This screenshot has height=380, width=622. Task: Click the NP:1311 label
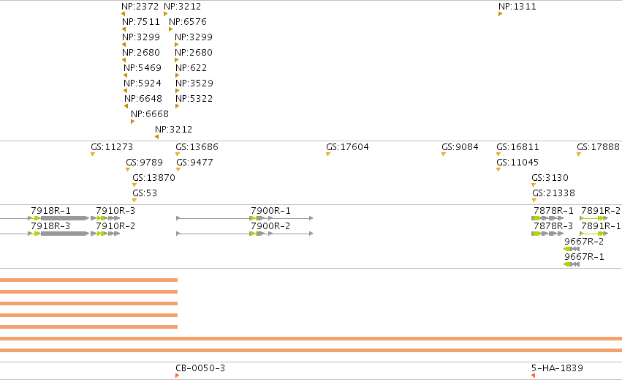(517, 7)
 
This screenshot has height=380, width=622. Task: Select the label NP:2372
(140, 7)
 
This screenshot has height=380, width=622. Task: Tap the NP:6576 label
(188, 21)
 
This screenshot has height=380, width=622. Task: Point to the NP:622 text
(191, 67)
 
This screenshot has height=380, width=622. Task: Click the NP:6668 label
(150, 113)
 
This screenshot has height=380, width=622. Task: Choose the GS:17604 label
(347, 146)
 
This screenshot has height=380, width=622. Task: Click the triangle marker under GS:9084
(444, 154)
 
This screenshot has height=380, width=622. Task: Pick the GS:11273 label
(112, 146)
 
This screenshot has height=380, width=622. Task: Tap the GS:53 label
(145, 193)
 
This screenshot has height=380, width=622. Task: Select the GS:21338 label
(553, 193)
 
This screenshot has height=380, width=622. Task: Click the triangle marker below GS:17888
(579, 154)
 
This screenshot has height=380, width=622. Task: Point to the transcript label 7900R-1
(270, 210)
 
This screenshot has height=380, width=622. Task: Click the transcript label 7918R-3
(50, 226)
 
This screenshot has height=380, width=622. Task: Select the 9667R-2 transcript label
(584, 242)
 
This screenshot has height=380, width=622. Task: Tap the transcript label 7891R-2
(601, 210)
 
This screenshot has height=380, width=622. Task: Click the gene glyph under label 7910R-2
(105, 234)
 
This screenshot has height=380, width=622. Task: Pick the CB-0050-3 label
(200, 368)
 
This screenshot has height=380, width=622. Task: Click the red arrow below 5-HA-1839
(533, 376)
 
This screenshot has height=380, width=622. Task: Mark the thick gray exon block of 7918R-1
(64, 218)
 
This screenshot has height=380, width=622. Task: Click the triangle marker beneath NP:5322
(178, 106)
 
